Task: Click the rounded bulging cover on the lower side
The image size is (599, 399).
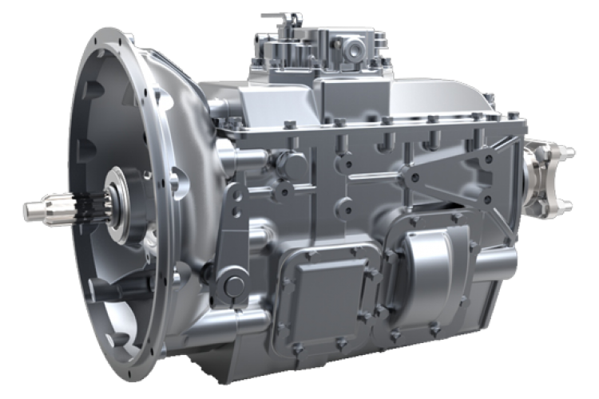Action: [x=430, y=275]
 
